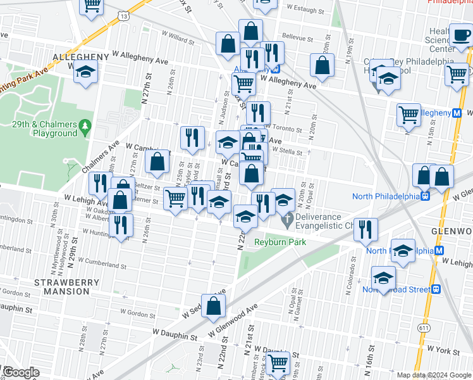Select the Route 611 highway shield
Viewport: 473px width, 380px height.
click(x=424, y=327)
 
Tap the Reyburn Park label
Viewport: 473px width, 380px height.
click(x=280, y=243)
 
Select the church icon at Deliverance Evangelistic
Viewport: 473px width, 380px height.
click(x=287, y=221)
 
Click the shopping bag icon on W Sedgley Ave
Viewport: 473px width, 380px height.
click(x=215, y=305)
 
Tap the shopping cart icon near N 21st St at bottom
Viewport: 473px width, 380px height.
click(x=277, y=364)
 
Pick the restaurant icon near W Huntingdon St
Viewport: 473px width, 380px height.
click(x=120, y=225)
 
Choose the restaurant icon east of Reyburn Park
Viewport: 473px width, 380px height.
click(x=365, y=229)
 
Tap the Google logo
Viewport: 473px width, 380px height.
click(x=20, y=372)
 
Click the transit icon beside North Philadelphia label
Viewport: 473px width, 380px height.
click(x=425, y=196)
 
